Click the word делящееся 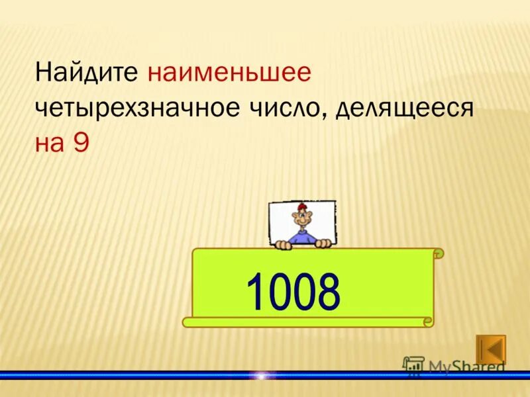[405, 108]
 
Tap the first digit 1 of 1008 [256, 291]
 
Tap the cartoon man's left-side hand [284, 245]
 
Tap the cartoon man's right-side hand [323, 243]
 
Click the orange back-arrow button [491, 349]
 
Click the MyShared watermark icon [414, 366]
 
